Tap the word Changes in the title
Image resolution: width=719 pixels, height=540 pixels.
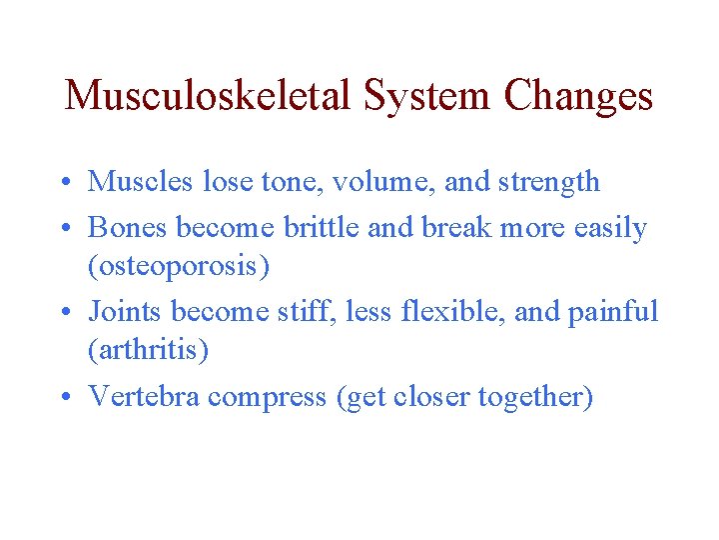[x=579, y=96]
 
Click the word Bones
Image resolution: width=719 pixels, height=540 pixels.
[x=128, y=228]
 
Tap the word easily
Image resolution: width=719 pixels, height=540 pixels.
[x=610, y=229]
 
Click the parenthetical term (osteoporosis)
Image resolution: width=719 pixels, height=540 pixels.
[x=180, y=268]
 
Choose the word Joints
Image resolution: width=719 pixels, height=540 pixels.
[x=126, y=312]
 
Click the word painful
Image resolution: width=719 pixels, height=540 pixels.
[x=613, y=312]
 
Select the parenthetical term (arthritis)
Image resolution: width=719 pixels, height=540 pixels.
[x=149, y=351]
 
